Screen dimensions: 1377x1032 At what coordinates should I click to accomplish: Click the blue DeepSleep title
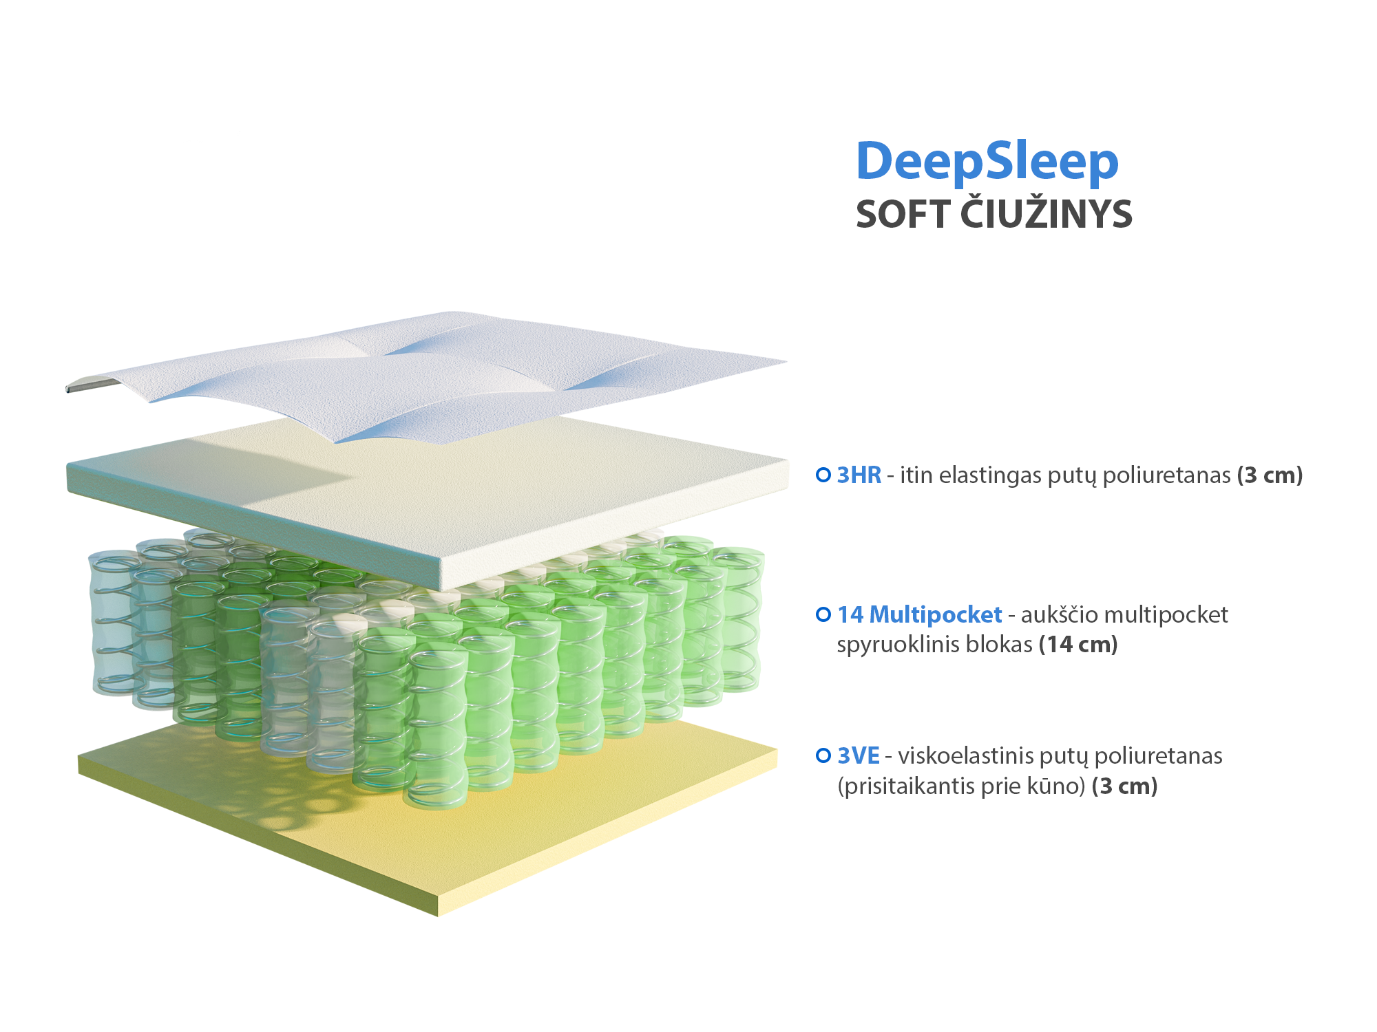coord(987,162)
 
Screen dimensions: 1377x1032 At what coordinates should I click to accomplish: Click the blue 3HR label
coord(859,475)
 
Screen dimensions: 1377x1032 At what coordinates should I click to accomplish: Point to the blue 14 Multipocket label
coord(919,614)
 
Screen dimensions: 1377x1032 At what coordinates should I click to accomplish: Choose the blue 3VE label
coord(858,755)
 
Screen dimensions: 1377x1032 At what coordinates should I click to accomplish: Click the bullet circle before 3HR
coord(823,475)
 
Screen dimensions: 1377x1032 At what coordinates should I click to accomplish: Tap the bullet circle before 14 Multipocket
coord(823,614)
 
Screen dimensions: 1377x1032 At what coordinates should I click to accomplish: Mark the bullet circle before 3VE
coord(823,755)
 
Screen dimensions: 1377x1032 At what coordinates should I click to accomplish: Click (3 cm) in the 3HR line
coord(1270,475)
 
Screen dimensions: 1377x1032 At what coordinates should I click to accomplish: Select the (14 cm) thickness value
coord(1078,645)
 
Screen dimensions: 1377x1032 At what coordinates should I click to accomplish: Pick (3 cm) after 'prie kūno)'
coord(1125,786)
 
